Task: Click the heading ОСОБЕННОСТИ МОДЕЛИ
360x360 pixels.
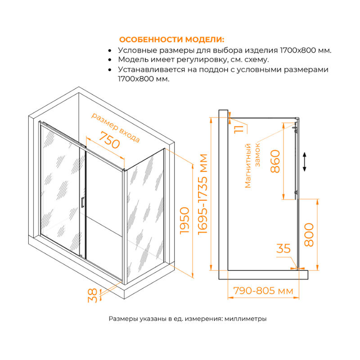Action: tap(171, 39)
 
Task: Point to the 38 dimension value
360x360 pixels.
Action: tap(92, 295)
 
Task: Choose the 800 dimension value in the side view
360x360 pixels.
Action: tap(309, 234)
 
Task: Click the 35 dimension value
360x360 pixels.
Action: tap(284, 248)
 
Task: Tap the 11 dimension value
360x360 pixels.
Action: tap(239, 128)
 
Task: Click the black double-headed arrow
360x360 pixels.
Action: tap(305, 161)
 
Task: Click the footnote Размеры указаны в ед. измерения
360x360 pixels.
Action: tap(188, 319)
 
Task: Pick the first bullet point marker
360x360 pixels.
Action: tap(110, 50)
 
